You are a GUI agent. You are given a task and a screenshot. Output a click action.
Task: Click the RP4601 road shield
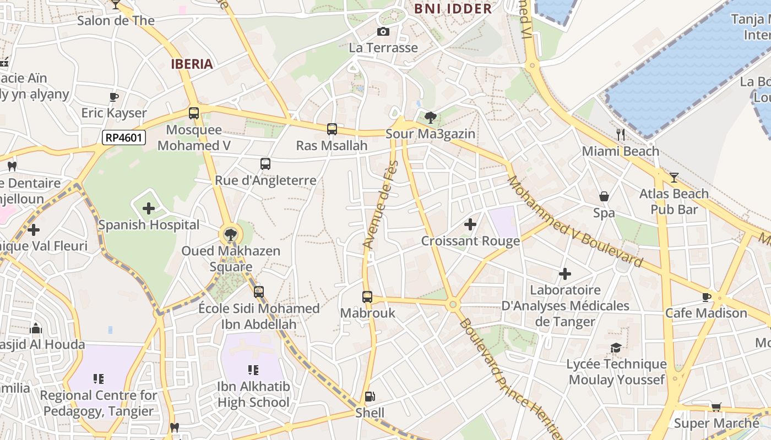click(124, 137)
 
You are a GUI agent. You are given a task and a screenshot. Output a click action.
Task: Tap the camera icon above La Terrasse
click(383, 32)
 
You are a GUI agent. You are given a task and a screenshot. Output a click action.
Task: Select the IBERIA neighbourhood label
click(192, 64)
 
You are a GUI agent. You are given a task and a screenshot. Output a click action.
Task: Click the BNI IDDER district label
click(453, 9)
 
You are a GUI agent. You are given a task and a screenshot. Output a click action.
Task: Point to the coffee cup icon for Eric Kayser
click(114, 97)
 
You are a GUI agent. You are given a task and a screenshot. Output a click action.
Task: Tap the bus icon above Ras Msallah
click(332, 129)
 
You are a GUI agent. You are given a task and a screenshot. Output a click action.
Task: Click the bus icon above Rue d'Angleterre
click(265, 163)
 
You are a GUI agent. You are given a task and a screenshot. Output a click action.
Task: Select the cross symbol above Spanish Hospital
click(149, 208)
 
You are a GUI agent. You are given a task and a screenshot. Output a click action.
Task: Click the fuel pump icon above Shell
click(370, 397)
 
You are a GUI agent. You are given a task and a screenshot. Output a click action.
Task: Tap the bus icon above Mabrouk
click(367, 297)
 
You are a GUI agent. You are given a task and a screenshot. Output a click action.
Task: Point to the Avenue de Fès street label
click(380, 205)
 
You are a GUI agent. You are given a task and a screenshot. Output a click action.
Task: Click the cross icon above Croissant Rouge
click(470, 224)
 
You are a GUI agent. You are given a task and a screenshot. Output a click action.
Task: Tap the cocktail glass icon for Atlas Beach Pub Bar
click(674, 177)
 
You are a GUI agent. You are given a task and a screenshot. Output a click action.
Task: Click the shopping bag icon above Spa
click(604, 196)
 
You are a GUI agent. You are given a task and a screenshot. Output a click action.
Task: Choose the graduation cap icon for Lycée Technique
click(616, 348)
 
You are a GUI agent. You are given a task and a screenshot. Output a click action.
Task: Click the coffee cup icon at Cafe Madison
click(707, 297)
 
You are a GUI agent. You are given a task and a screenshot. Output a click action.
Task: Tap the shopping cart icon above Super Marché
click(716, 407)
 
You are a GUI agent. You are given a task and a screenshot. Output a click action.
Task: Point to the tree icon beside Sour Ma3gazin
click(431, 117)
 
